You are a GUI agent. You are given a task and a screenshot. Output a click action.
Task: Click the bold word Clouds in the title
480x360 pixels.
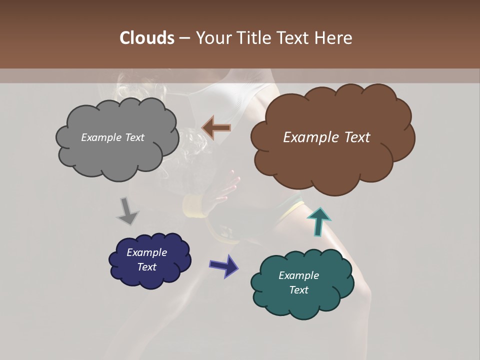146,38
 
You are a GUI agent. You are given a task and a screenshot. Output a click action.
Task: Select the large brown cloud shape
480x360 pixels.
332,160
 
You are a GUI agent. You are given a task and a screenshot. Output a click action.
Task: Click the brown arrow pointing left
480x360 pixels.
216,128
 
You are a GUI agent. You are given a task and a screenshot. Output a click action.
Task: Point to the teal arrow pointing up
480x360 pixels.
319,221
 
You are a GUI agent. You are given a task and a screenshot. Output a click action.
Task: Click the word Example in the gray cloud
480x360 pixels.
100,137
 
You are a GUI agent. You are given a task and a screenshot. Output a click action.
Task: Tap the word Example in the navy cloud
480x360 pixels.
146,252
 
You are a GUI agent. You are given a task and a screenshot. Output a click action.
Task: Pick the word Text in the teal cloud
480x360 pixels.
298,290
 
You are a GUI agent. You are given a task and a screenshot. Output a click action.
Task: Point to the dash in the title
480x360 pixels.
184,38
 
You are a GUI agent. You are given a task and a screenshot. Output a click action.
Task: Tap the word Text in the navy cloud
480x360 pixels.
146,267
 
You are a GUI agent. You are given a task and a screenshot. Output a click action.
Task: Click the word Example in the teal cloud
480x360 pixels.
298,275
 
